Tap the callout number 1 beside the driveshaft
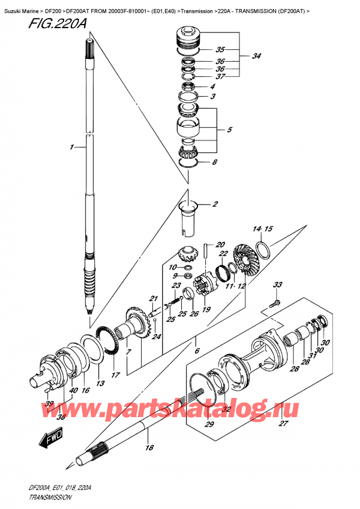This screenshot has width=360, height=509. click(x=71, y=147)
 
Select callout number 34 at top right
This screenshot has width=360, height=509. click(x=256, y=56)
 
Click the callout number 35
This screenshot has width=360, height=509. click(x=220, y=50)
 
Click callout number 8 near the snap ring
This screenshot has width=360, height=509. click(x=215, y=162)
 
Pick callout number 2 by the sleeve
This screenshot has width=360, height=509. click(x=215, y=205)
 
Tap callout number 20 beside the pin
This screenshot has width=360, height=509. click(x=220, y=244)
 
